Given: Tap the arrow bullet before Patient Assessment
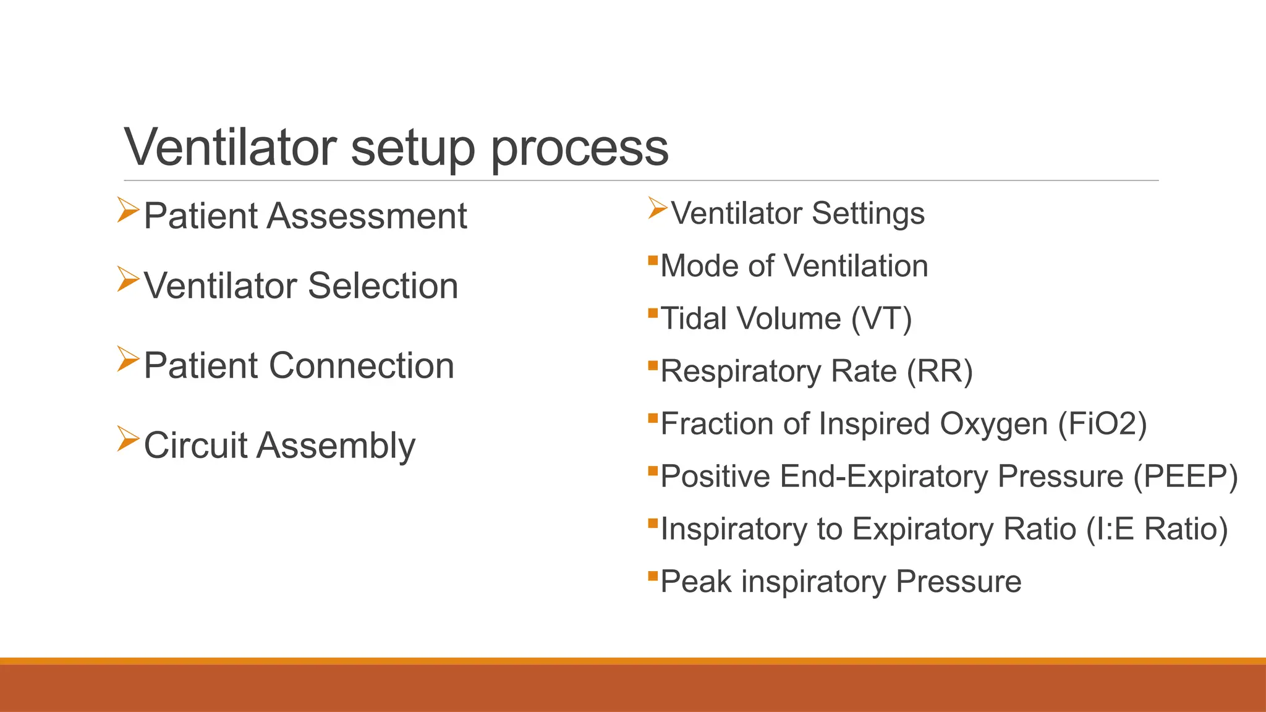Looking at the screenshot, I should tap(128, 210).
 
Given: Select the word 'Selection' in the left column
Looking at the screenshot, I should tap(383, 286).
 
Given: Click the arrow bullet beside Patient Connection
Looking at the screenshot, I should tap(128, 359).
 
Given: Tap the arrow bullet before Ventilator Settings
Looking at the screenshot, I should tap(658, 208).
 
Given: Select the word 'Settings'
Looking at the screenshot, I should tap(868, 214).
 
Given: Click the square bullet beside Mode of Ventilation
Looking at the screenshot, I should tap(653, 260).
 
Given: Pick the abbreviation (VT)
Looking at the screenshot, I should tap(882, 319).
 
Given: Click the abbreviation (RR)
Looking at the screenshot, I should tap(940, 371).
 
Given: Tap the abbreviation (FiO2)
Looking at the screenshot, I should tap(1102, 424).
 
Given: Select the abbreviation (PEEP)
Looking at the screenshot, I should tap(1185, 477).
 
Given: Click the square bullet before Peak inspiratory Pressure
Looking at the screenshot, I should tap(653, 576).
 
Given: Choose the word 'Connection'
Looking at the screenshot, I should tap(362, 366).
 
